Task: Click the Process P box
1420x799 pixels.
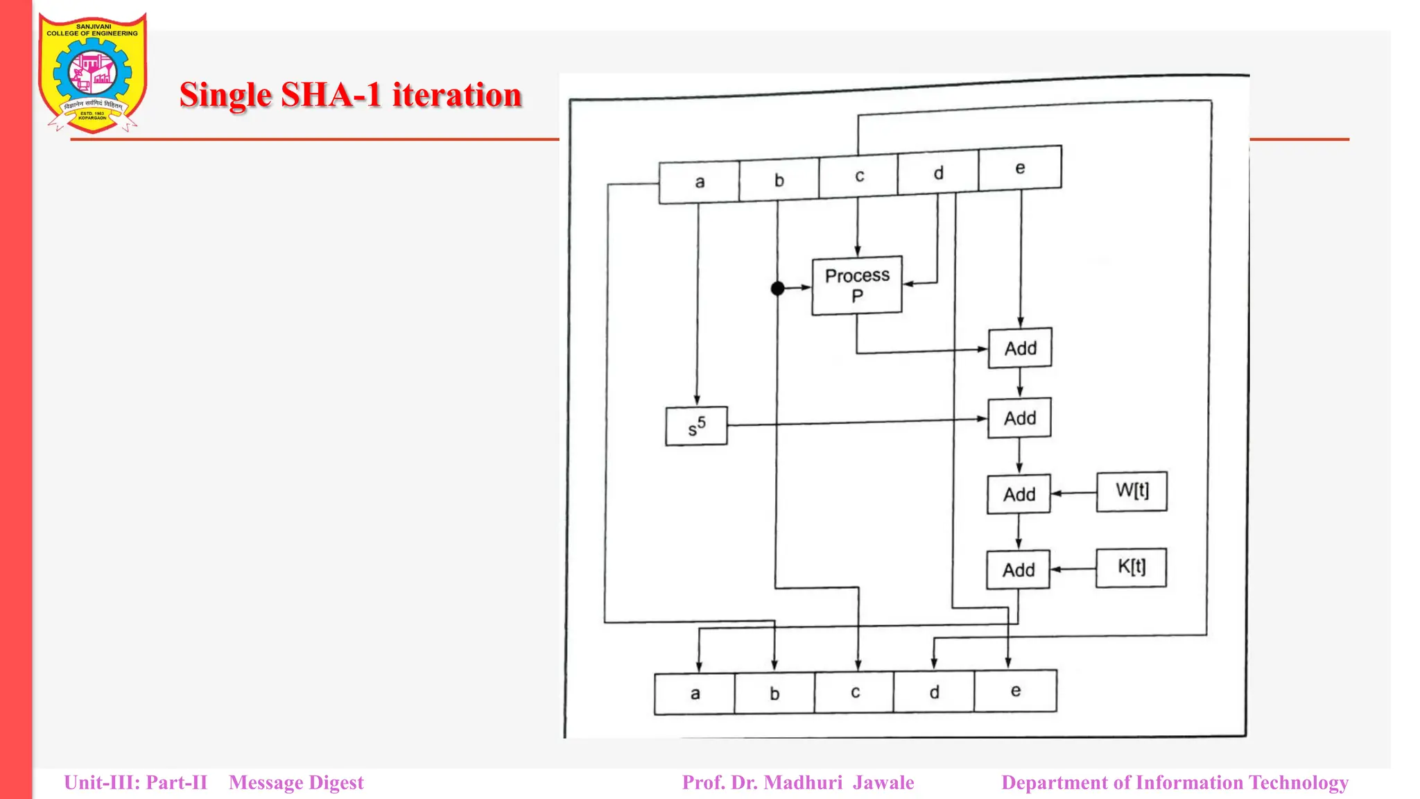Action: (x=857, y=286)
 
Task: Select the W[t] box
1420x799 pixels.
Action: (x=1132, y=491)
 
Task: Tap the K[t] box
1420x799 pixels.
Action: (x=1131, y=567)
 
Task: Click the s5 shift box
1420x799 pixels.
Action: (x=696, y=426)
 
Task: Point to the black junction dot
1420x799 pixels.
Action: (x=778, y=288)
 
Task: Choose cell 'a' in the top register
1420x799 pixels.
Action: (x=699, y=182)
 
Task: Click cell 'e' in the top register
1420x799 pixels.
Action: (x=1020, y=168)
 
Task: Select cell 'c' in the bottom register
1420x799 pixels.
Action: (x=854, y=692)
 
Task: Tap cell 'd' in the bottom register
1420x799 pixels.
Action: (x=934, y=692)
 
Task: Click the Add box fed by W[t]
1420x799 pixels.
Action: (x=1019, y=494)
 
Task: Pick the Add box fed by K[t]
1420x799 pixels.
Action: (x=1018, y=569)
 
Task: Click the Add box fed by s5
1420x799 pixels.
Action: (x=1019, y=418)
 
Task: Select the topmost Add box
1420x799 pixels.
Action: (x=1020, y=347)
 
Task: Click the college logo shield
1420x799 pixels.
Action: (x=92, y=72)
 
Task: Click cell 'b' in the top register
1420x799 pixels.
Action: (x=779, y=180)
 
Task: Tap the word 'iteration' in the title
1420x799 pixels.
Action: (x=457, y=95)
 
